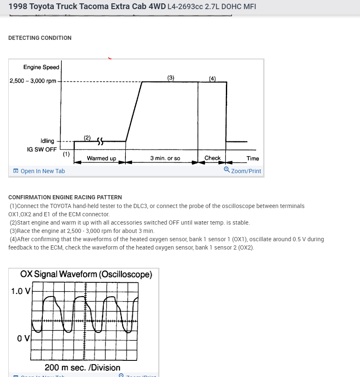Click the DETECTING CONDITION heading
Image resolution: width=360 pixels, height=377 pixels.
coord(40,38)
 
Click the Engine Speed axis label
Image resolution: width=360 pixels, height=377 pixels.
coord(41,67)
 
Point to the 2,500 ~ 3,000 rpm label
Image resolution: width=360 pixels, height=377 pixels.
coord(33,81)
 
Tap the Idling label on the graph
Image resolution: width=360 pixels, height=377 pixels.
coord(47,141)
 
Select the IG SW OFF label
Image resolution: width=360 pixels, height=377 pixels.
coord(42,149)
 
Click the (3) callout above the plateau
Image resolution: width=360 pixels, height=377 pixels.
coord(171,77)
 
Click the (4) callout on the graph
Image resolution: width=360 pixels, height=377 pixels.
coord(212,78)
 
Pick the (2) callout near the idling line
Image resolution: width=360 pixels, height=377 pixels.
coord(87,137)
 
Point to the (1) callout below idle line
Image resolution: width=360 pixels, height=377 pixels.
coord(66,154)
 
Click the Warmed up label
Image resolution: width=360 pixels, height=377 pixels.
coord(101,158)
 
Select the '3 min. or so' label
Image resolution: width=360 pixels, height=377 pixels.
coord(165,158)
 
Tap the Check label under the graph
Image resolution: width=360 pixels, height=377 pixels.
coord(213,158)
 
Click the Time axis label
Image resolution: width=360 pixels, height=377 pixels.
coord(252,158)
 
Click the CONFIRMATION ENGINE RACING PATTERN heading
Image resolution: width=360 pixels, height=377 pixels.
coord(65,197)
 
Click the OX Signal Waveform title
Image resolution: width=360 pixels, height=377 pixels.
coord(86,274)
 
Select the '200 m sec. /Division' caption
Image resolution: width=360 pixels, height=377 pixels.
coord(82,367)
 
